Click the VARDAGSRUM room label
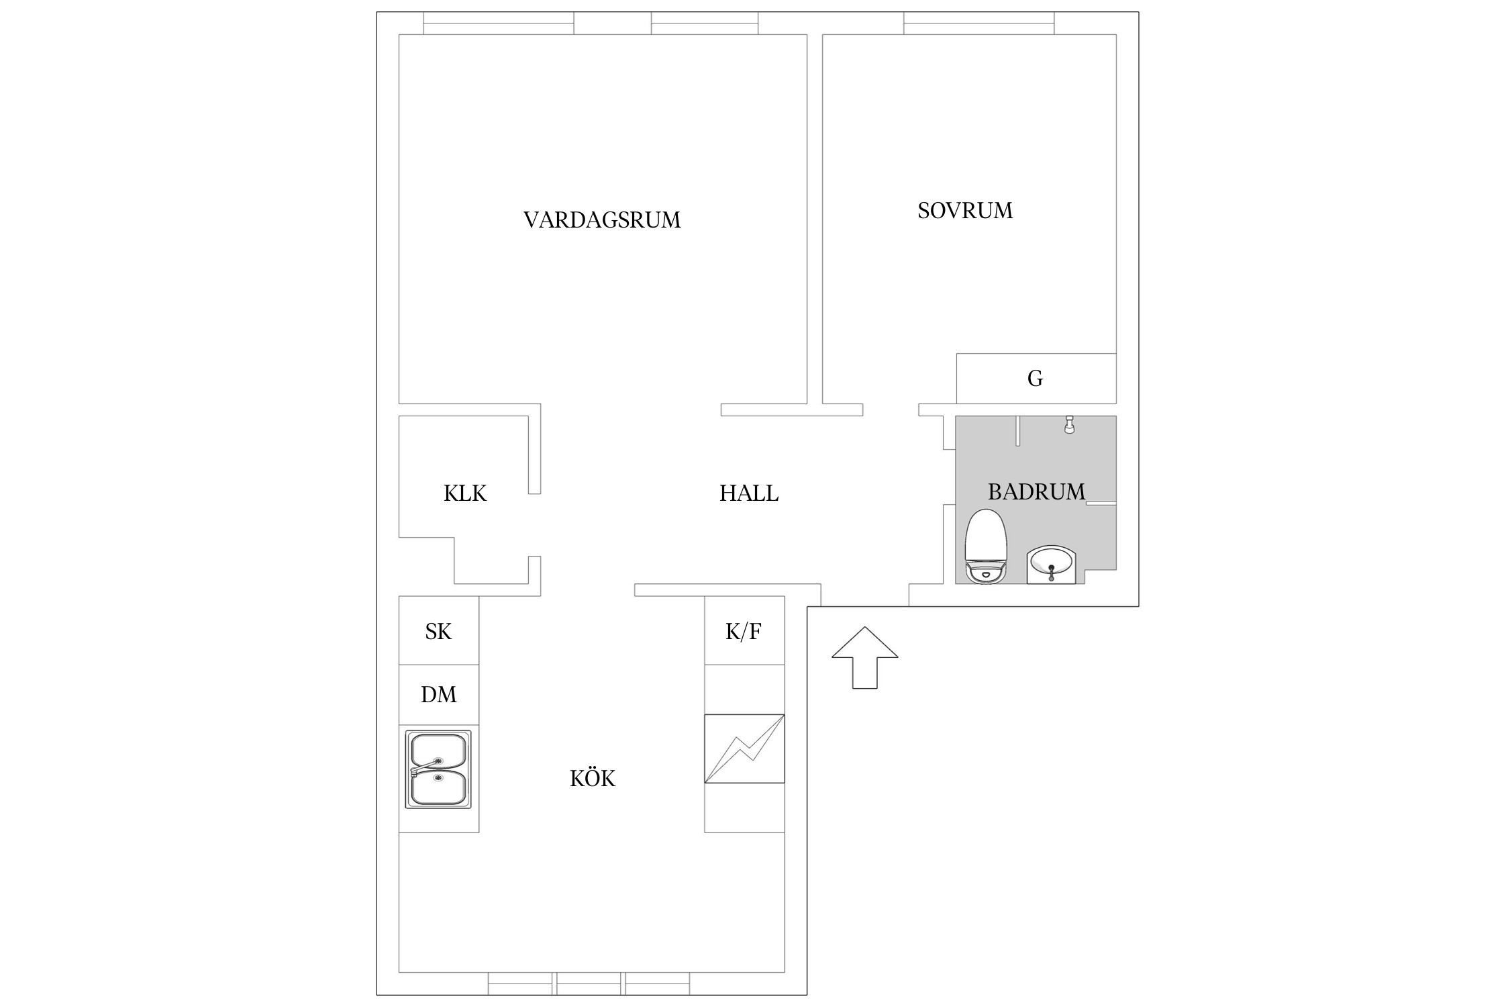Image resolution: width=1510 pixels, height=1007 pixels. point(601,220)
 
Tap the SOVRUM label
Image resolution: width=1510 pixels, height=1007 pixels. point(964,211)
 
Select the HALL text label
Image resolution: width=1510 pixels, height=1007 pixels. point(748,493)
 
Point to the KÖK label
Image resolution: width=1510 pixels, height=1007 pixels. point(592,779)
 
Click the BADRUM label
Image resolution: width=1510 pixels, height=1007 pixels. point(1036,492)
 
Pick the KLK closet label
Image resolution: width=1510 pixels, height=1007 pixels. point(464,493)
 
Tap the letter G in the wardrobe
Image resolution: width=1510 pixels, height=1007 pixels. point(1035,379)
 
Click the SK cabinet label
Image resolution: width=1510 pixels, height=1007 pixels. point(438,631)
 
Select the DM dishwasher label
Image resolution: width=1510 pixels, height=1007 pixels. point(438,694)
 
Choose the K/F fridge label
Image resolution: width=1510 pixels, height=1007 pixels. point(743,631)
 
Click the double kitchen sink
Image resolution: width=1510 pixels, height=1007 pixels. point(438,769)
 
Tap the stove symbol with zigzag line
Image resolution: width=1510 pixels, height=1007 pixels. point(744,749)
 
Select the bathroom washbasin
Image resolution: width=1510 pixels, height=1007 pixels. point(1051,565)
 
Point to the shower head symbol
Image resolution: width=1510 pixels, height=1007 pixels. point(1069,425)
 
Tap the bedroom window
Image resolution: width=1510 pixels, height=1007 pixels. point(978,23)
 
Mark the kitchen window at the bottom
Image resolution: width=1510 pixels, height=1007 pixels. point(589,984)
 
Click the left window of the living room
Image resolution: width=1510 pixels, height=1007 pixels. point(498,23)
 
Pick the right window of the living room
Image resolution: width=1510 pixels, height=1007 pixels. point(704,23)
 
